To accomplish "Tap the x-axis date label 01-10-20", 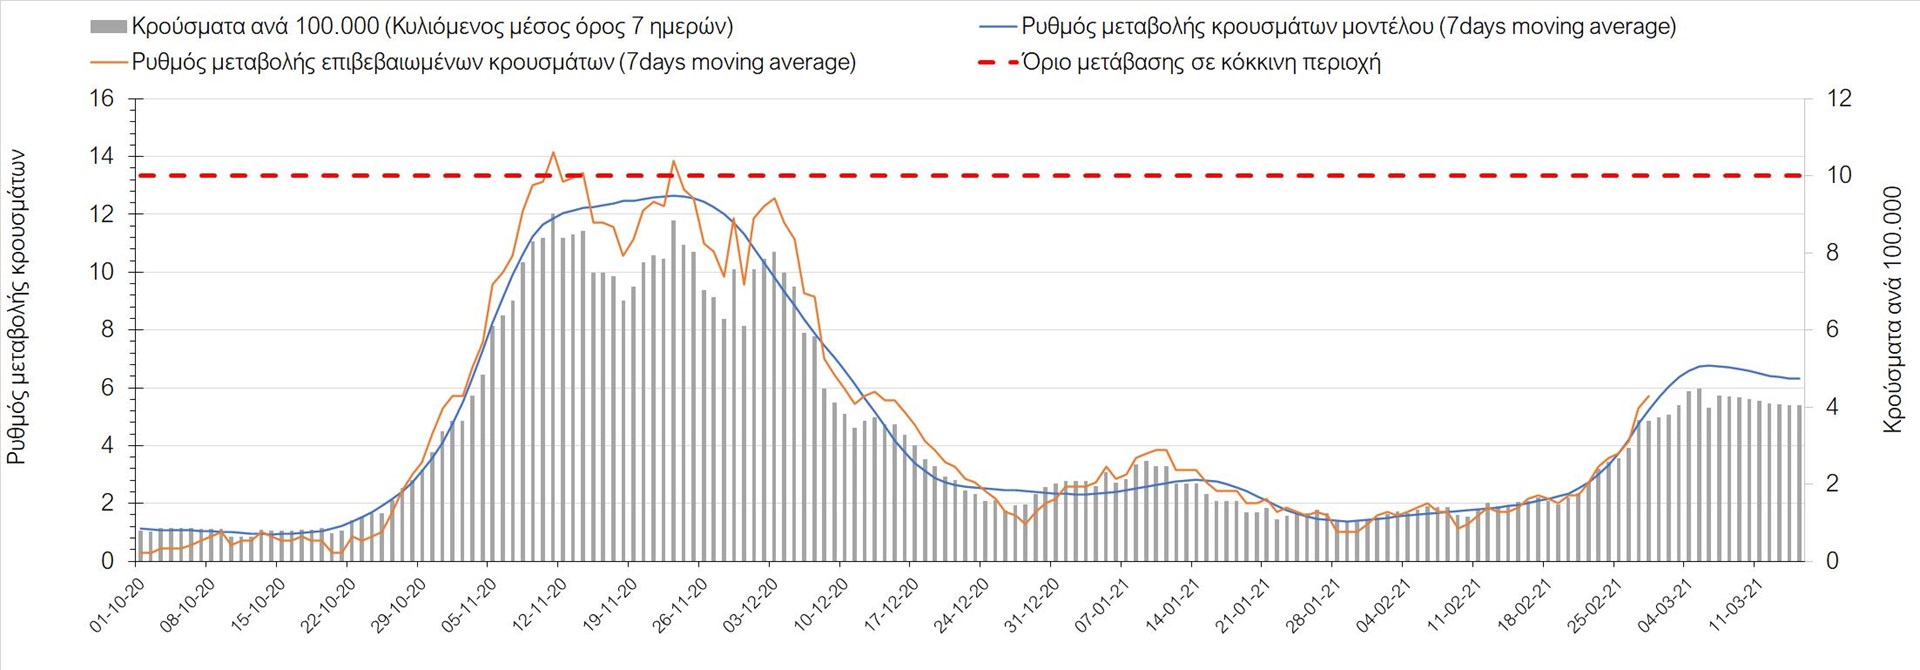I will (118, 604).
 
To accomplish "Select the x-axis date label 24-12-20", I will (962, 604).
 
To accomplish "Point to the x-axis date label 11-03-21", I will (1736, 604).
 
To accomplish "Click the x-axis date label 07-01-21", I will (1103, 604).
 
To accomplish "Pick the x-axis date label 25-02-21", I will (1595, 604).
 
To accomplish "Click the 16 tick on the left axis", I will (102, 99).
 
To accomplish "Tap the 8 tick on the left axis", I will (108, 330).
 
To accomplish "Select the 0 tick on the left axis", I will (108, 561).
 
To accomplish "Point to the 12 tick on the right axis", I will (1839, 99).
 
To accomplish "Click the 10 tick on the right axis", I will (1839, 176).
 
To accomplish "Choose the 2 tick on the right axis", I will (1833, 484).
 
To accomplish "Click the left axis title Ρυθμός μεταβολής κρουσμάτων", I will (17, 307).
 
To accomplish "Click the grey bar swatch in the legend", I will (108, 27).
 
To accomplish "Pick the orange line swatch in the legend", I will (108, 62).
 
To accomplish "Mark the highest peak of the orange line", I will (553, 152).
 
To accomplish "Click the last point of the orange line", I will (1648, 396).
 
